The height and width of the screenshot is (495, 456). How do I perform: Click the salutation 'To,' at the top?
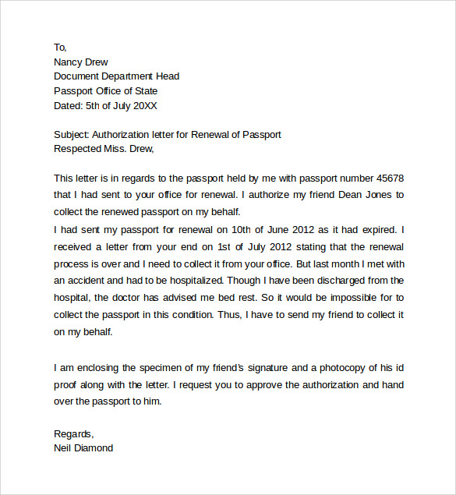60,48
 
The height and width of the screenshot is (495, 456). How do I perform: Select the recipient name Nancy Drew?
81,62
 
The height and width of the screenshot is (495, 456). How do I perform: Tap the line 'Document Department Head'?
116,76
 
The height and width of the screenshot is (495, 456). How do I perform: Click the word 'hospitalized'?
193,279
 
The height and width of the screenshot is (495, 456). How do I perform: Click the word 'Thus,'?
255,314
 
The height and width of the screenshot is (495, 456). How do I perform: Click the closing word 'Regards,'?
73,433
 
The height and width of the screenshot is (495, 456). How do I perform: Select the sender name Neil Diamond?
83,448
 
